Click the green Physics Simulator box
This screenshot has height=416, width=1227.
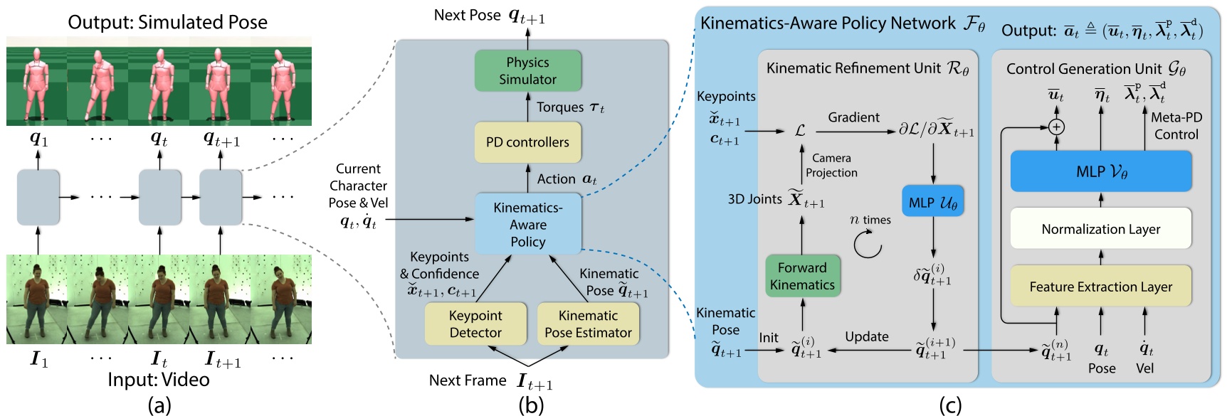point(527,71)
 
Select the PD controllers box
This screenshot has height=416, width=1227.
point(527,142)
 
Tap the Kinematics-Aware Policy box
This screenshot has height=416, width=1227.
point(527,225)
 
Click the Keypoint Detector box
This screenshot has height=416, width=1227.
point(475,324)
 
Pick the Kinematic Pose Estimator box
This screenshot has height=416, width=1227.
point(588,324)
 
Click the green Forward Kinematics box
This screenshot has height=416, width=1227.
point(802,276)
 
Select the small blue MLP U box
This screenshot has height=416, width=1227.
point(932,203)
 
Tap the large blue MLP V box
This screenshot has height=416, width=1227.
point(1101,171)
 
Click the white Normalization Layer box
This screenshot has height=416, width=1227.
point(1101,229)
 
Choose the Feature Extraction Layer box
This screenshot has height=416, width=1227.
point(1101,287)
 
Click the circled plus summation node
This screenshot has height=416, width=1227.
point(1057,127)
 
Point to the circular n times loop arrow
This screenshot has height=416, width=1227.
point(868,245)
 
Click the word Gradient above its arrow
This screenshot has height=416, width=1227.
point(853,117)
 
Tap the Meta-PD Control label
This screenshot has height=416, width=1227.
point(1176,126)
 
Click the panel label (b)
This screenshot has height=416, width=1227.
point(531,405)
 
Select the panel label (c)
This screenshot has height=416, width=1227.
point(950,405)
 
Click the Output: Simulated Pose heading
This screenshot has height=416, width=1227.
point(167,22)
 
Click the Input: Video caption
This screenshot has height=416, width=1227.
point(159,379)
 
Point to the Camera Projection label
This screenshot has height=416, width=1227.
point(831,165)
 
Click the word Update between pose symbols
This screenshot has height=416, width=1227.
point(866,336)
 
